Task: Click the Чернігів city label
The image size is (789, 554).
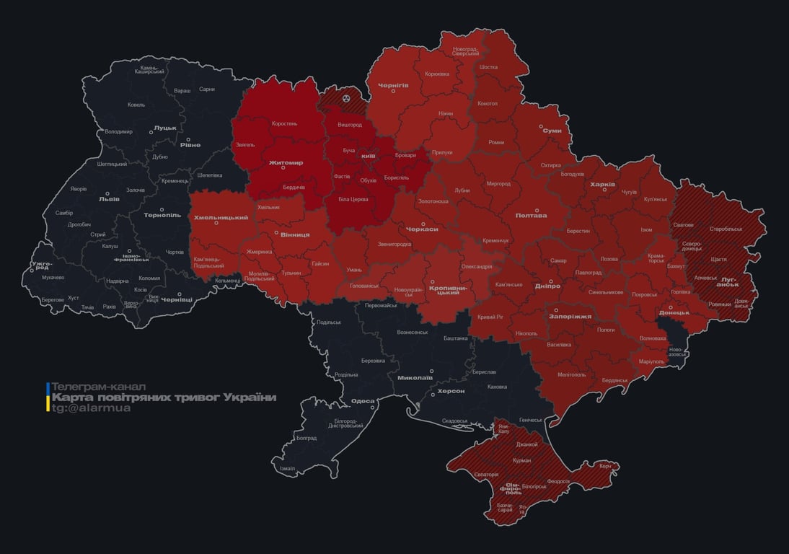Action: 393,85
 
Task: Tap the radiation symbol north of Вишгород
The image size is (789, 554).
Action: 346,97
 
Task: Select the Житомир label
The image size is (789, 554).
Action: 286,163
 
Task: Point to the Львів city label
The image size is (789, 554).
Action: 110,199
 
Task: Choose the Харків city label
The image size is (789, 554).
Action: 602,185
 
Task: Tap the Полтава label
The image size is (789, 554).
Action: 531,215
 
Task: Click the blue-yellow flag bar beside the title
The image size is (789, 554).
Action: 48,397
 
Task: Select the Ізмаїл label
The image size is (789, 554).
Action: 287,468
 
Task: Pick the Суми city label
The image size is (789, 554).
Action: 552,131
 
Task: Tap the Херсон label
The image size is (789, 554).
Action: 451,390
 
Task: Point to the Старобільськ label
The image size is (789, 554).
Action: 725,229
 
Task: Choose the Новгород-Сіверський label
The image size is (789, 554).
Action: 465,50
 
